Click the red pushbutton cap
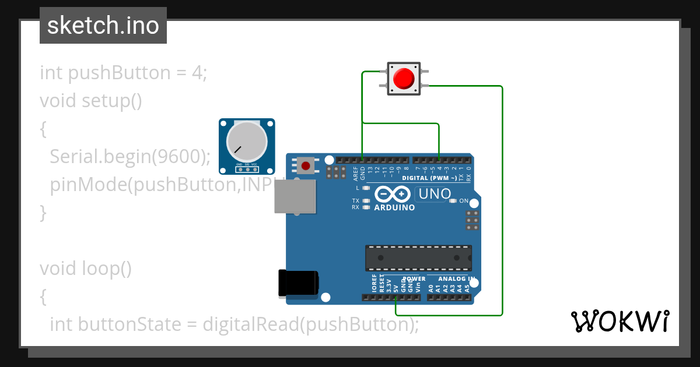point(404,79)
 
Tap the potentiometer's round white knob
point(246,142)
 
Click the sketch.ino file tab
point(103,26)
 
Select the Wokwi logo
point(619,321)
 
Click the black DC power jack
point(297,283)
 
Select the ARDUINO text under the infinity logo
point(394,207)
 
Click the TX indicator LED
point(366,201)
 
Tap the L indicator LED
point(366,188)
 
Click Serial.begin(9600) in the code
point(129,157)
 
